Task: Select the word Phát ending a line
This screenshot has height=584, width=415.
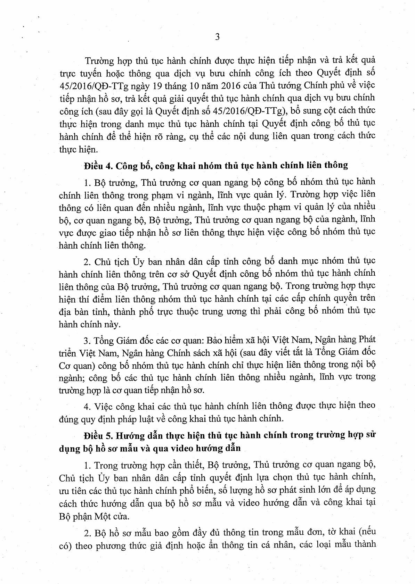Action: tap(366, 339)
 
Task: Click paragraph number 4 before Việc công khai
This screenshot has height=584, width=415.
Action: tap(87, 406)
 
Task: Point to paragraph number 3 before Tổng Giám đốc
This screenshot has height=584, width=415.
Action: tap(86, 340)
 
